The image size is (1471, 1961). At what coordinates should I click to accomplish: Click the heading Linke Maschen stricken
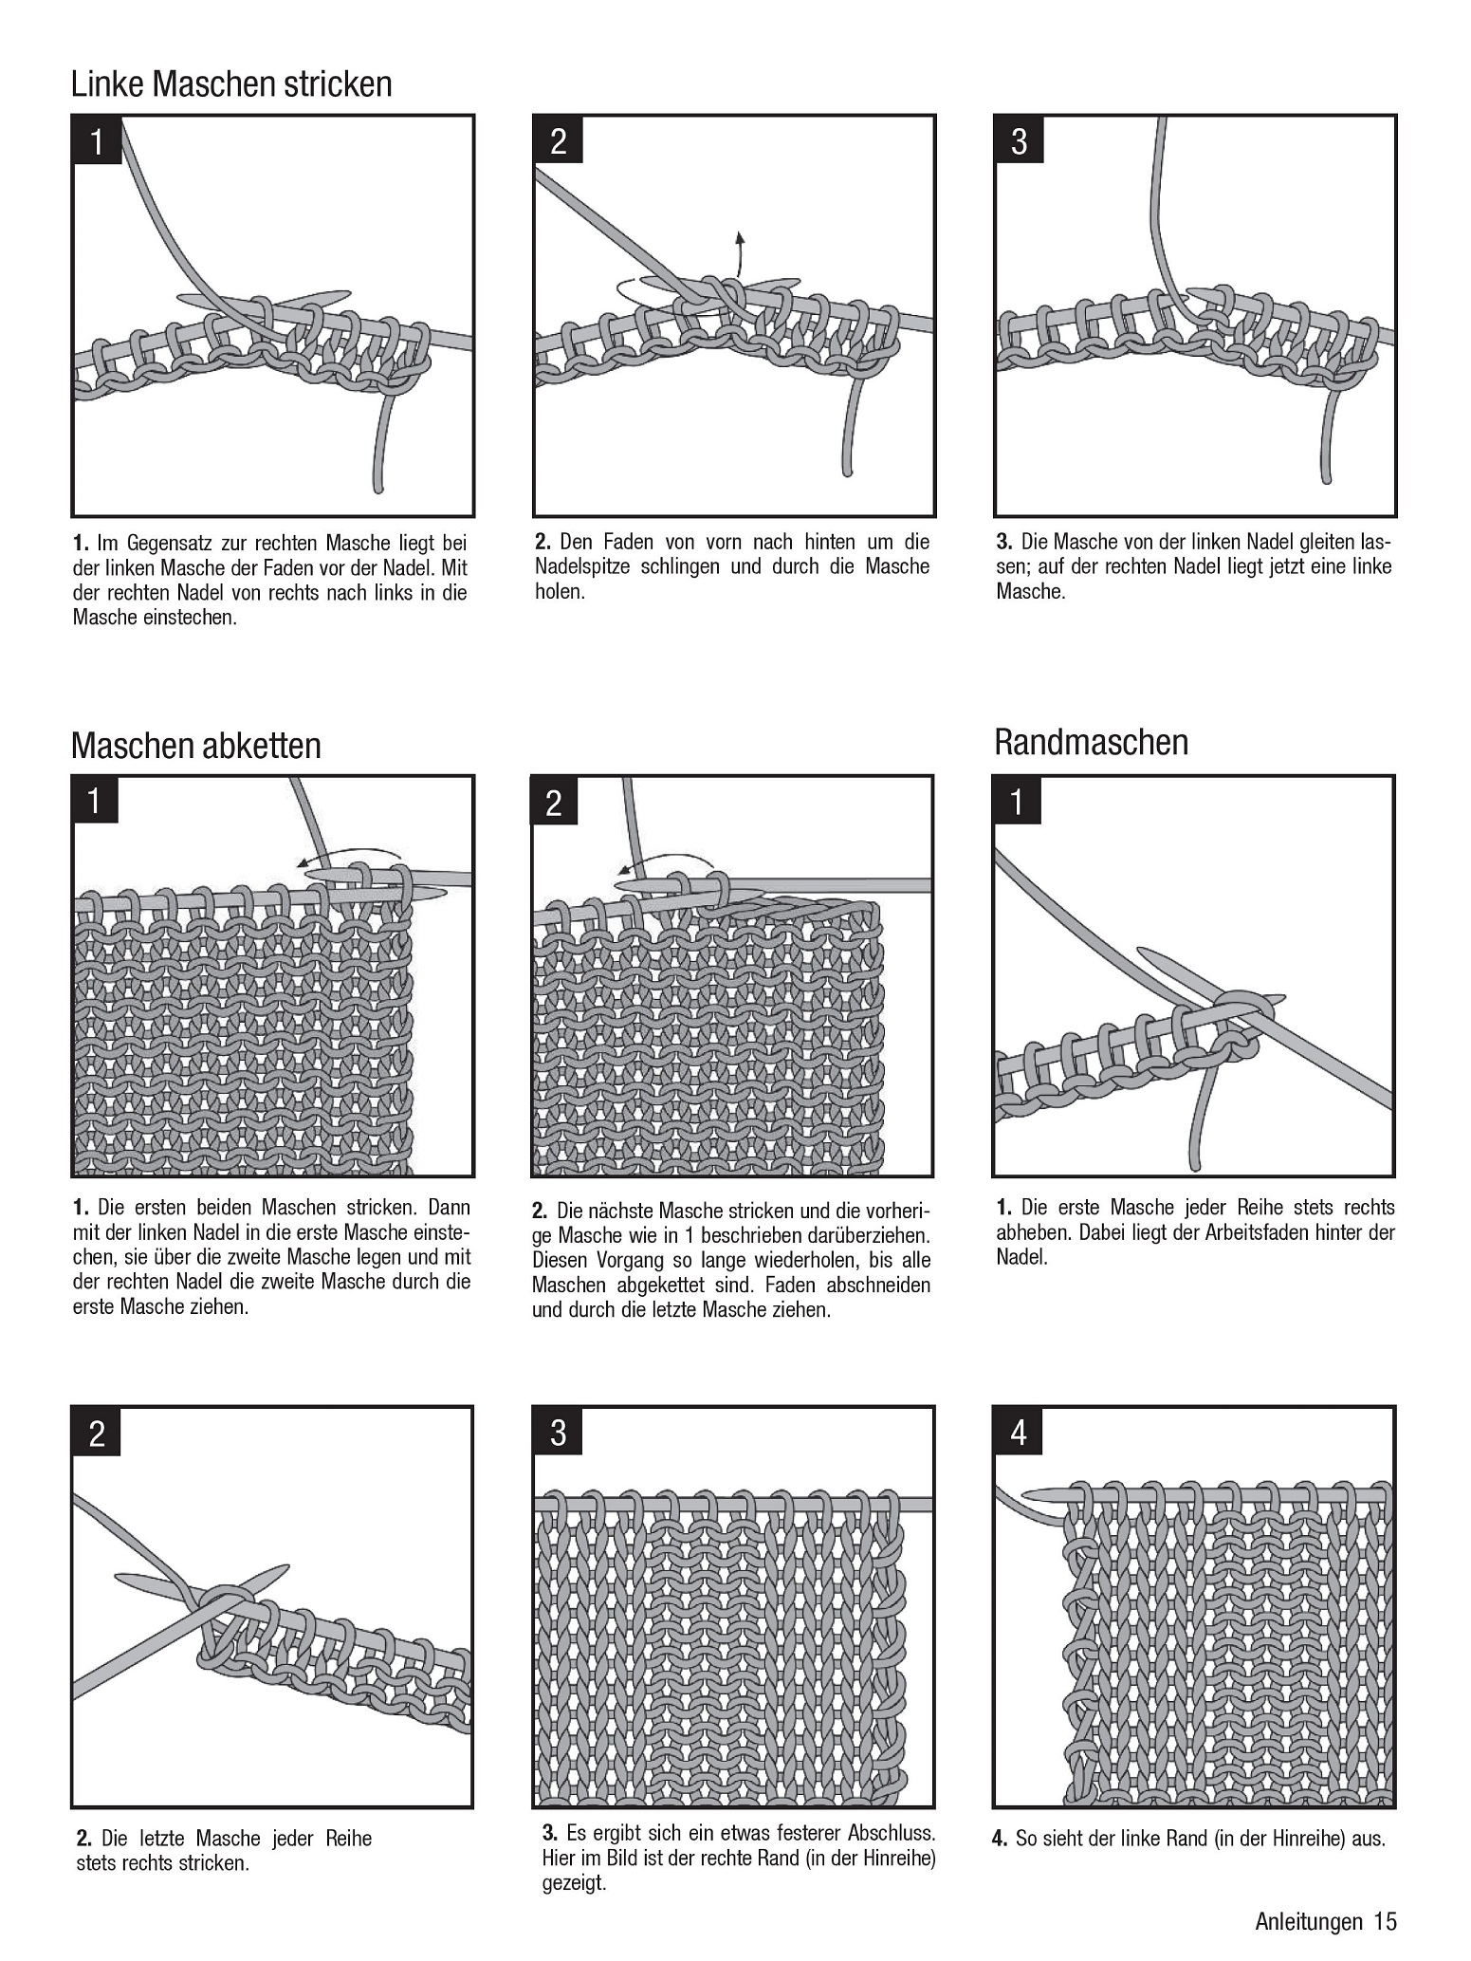tap(231, 84)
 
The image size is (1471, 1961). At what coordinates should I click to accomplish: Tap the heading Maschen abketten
tap(196, 746)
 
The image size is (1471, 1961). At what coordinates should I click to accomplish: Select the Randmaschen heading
tap(1091, 742)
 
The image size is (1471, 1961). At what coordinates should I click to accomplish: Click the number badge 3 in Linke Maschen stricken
tap(1019, 141)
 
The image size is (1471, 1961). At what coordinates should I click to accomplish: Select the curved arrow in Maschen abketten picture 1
tap(351, 856)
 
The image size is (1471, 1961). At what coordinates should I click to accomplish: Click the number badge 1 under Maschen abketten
tap(95, 801)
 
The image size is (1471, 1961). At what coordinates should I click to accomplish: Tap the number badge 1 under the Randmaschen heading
tap(1017, 802)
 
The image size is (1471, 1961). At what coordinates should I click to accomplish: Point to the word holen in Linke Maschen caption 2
tap(560, 592)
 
